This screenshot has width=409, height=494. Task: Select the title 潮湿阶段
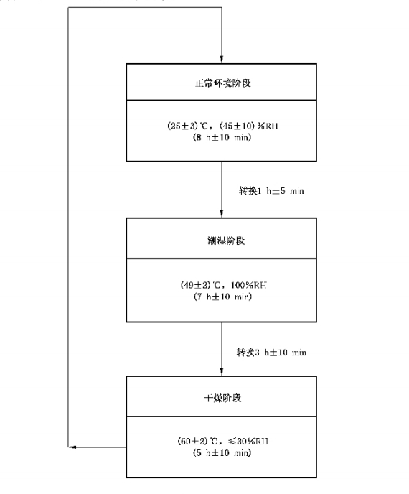222,240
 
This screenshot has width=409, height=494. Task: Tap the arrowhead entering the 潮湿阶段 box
222,214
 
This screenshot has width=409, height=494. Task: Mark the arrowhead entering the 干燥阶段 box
222,370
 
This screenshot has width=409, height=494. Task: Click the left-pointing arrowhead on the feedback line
72,447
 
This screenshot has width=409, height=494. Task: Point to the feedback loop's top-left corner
69,9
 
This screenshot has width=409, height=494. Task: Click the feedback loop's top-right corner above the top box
222,9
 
